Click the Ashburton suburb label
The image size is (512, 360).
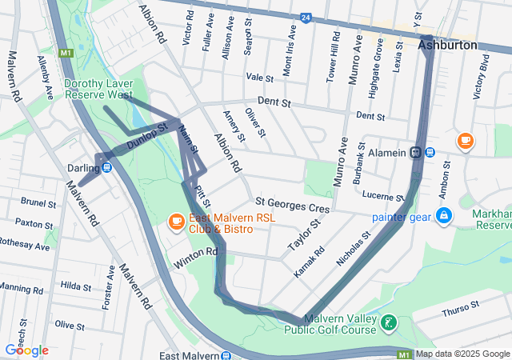coord(447,46)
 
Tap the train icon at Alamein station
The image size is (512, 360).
coord(416,152)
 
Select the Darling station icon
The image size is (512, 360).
coord(106,167)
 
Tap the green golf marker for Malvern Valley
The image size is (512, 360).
coord(388,323)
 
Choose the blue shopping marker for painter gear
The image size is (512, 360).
coord(442,216)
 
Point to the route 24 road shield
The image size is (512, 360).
coord(306,17)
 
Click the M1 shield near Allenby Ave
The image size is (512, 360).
coord(66,53)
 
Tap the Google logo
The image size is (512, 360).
coord(26,350)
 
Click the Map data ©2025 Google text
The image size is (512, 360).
coord(462,354)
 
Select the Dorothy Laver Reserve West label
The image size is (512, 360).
coord(98,88)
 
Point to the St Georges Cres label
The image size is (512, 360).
coord(292,207)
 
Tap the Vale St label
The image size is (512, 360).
coord(260,78)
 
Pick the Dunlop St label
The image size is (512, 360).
coord(146,137)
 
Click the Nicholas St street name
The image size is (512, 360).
coord(355,249)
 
